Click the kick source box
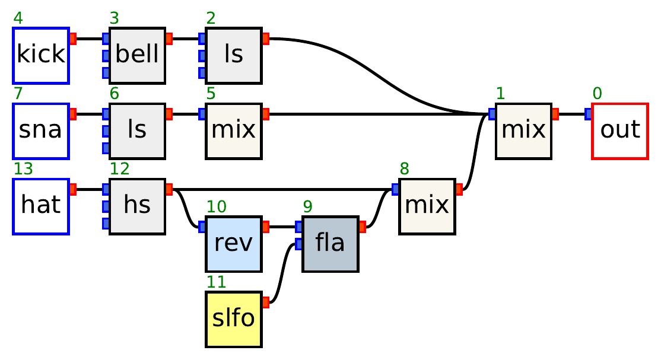(x=41, y=55)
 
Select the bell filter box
(x=137, y=55)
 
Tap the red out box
(x=619, y=130)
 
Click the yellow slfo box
(x=233, y=319)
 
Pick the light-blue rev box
(x=233, y=244)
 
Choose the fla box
(x=330, y=244)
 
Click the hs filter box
(x=137, y=206)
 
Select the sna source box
(x=41, y=130)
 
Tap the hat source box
(x=41, y=206)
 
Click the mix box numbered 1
(x=523, y=130)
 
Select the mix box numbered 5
(x=233, y=130)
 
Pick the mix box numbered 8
(x=427, y=206)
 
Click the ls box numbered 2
(x=233, y=55)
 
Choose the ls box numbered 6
(x=137, y=130)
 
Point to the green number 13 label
(x=23, y=169)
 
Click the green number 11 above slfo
(x=216, y=282)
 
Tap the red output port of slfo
(x=265, y=302)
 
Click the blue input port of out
(x=588, y=114)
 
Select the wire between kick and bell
(x=89, y=39)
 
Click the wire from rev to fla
(x=282, y=227)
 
